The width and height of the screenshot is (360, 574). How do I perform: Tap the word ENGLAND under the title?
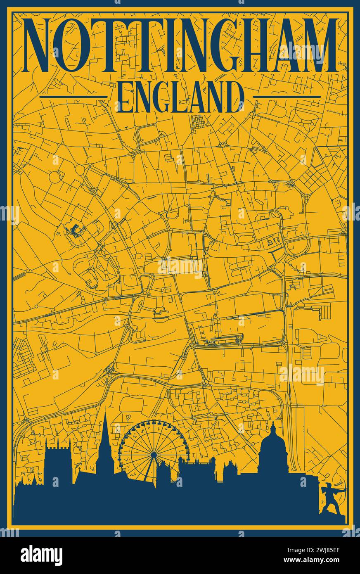[180, 97]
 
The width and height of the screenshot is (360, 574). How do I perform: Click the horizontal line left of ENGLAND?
[73, 97]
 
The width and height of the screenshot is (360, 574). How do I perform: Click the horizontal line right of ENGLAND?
[286, 97]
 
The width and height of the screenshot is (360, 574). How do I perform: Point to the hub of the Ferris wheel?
[153, 454]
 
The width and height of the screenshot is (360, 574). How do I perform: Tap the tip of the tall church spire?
[105, 414]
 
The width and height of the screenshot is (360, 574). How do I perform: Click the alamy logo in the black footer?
[41, 555]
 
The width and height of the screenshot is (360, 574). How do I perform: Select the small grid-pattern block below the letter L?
[197, 122]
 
